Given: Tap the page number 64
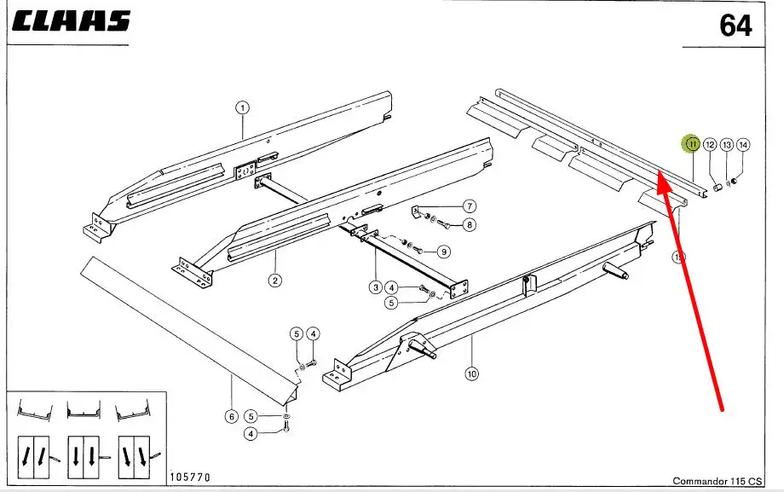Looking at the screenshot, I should (735, 26).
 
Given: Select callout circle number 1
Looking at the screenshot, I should (242, 108).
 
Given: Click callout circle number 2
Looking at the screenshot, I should (275, 280).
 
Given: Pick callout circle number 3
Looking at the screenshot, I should (375, 287).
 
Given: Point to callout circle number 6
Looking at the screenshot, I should (231, 417).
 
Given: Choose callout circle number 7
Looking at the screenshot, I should (469, 206).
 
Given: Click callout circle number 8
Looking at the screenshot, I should (469, 225).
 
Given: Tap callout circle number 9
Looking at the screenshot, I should (443, 252).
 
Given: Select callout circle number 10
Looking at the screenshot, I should (471, 373).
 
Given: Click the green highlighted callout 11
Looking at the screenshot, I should (692, 145).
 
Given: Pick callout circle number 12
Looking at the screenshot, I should (710, 146).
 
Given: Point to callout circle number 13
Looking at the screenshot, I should (727, 146).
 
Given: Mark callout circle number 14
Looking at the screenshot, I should (743, 146).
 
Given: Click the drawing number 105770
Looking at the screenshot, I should (191, 476).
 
